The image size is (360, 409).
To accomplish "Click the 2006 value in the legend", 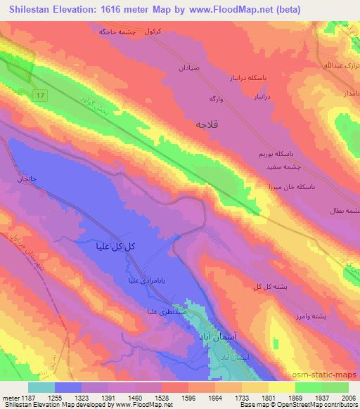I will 347,398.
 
